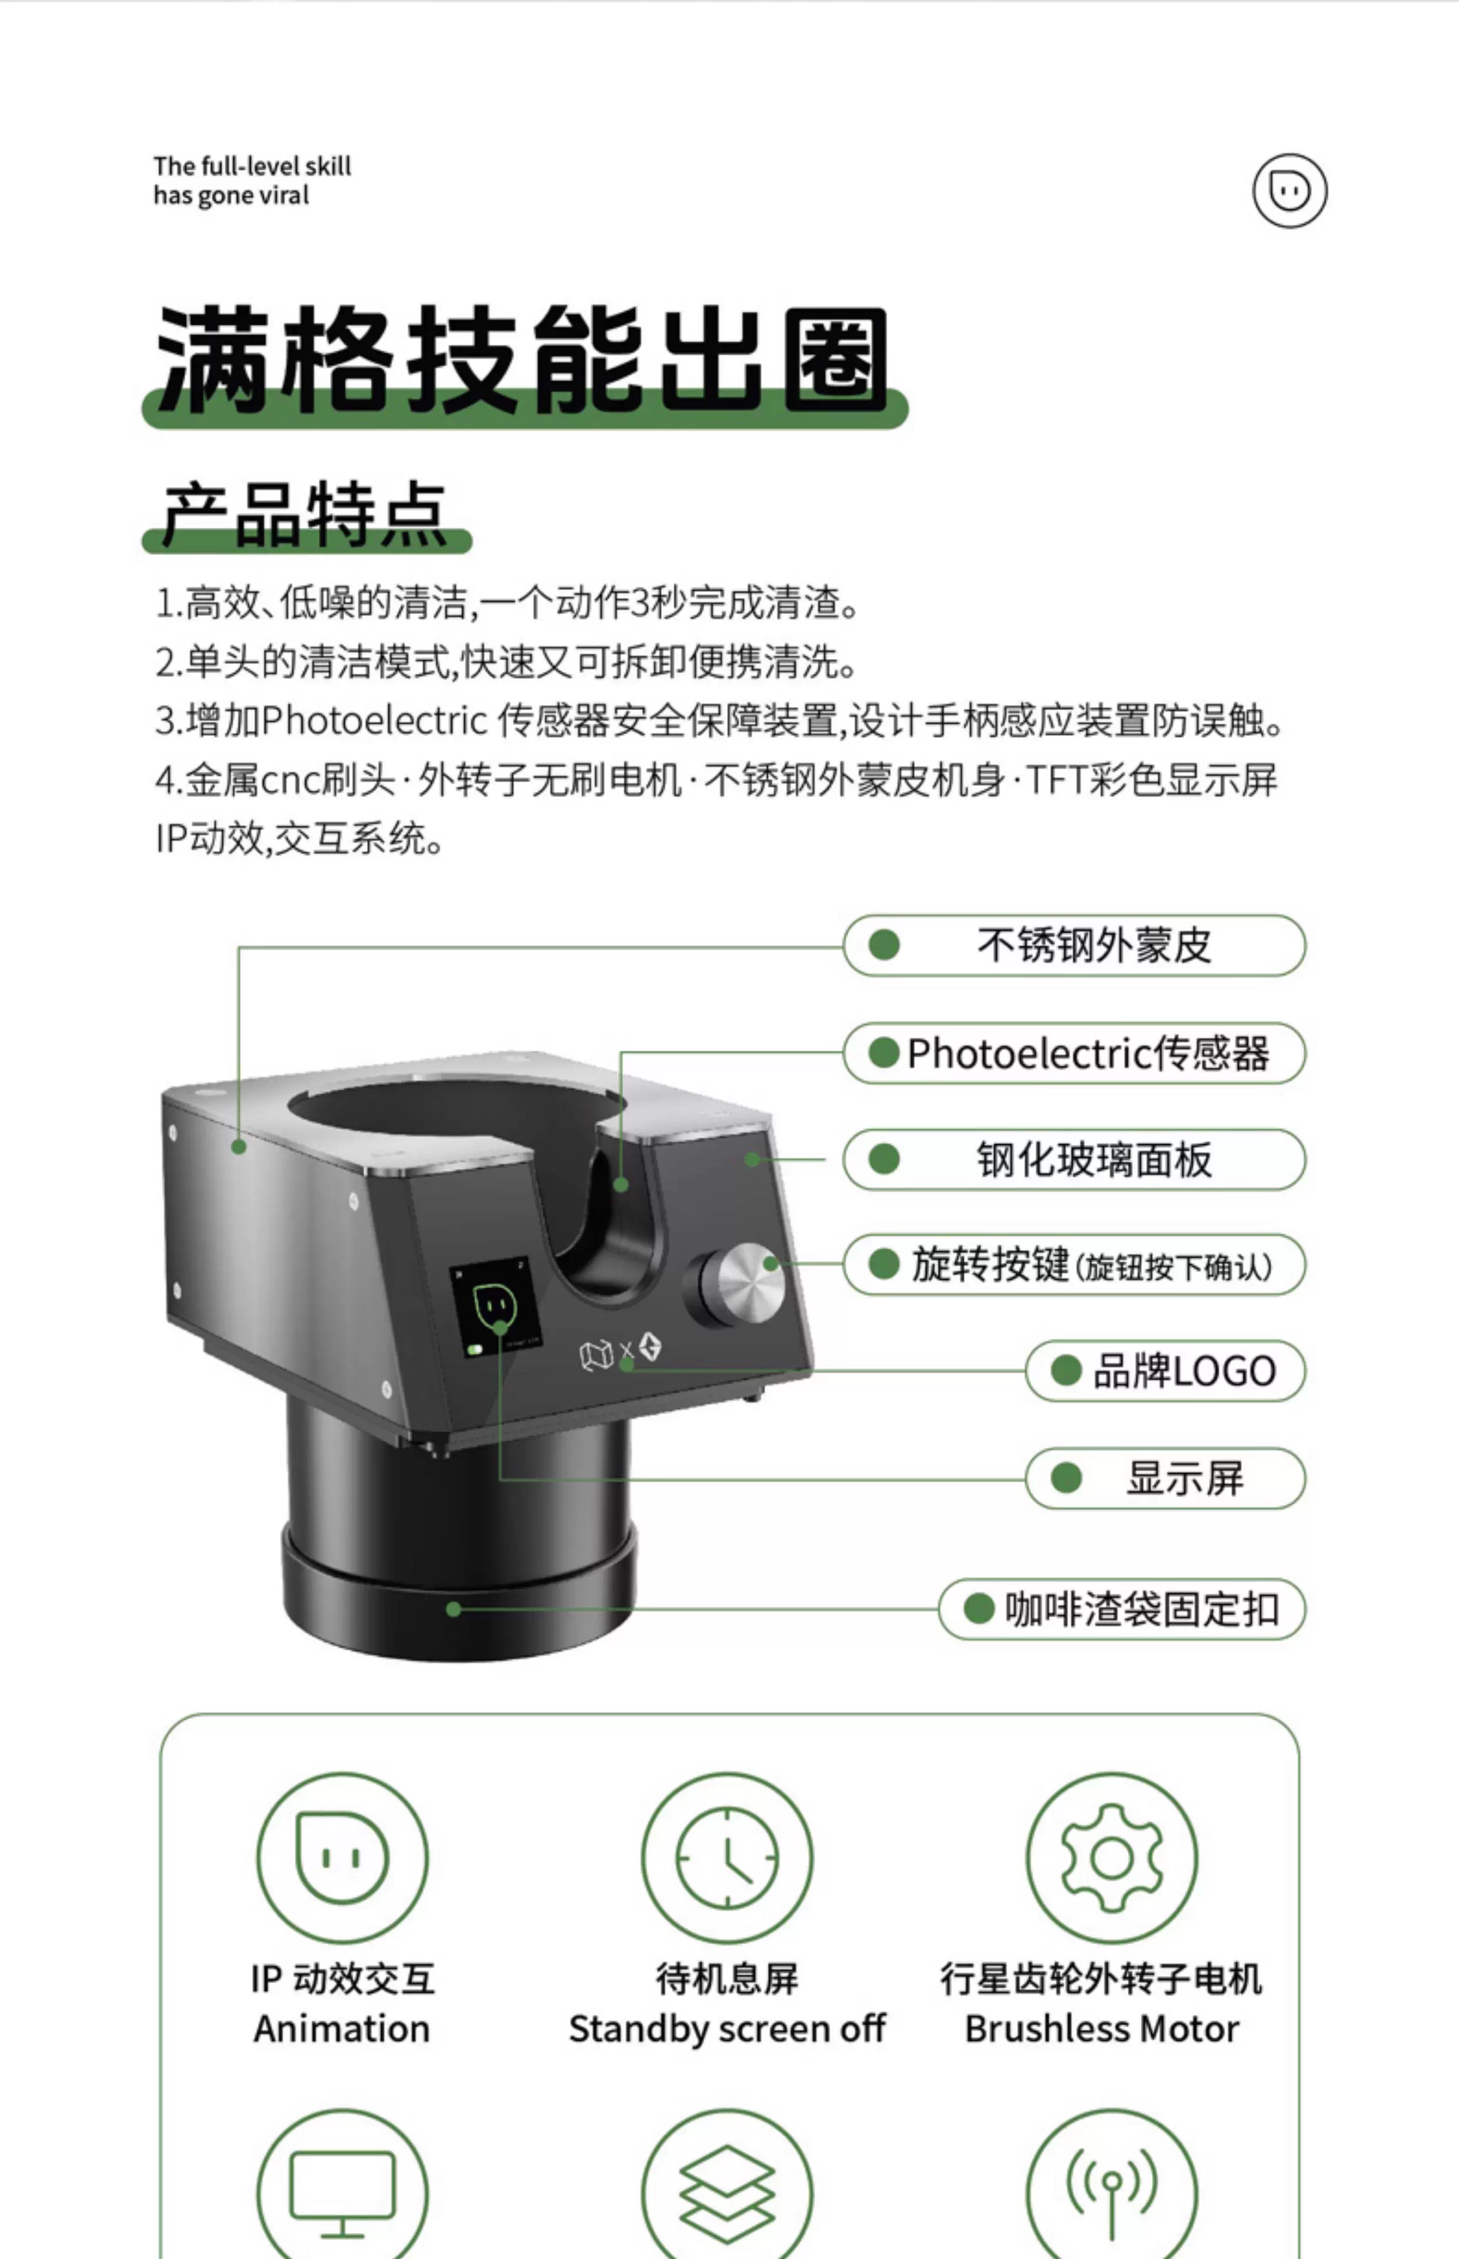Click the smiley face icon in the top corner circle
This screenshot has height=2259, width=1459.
pyautogui.click(x=1290, y=191)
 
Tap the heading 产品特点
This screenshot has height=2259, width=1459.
pyautogui.click(x=305, y=514)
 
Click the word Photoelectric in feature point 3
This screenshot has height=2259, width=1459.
pyautogui.click(x=373, y=721)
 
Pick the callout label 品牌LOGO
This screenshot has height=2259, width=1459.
pyautogui.click(x=1184, y=1371)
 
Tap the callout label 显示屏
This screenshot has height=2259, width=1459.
pyautogui.click(x=1184, y=1478)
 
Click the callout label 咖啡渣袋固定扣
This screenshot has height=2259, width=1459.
pyautogui.click(x=1142, y=1609)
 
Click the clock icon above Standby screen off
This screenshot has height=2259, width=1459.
pyautogui.click(x=727, y=1857)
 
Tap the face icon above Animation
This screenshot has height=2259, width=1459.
pyautogui.click(x=342, y=1857)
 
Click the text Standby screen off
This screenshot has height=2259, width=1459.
pyautogui.click(x=727, y=2030)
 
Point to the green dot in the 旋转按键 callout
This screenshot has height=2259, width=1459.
pyautogui.click(x=884, y=1264)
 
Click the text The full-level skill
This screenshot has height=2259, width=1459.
pyautogui.click(x=252, y=166)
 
